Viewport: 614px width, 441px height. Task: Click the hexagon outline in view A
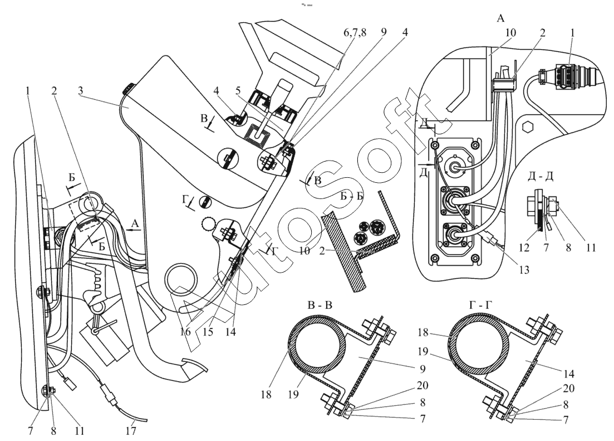[x=529, y=127]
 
